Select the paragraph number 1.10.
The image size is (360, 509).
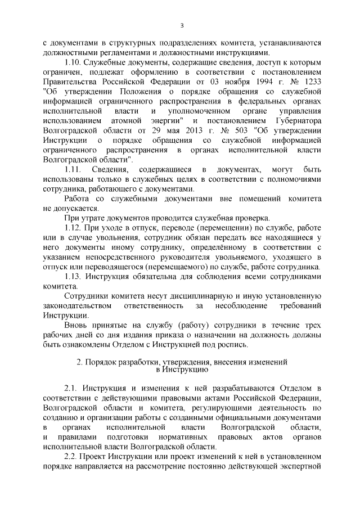coord(73,61)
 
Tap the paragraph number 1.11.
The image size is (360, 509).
coord(73,168)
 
